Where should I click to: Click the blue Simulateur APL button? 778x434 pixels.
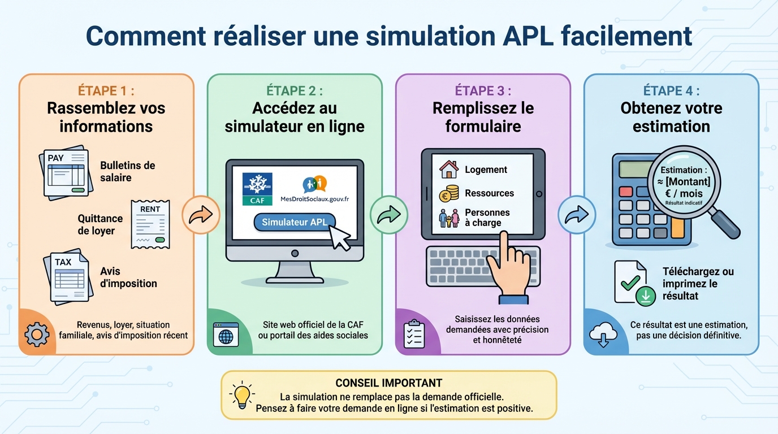click(295, 223)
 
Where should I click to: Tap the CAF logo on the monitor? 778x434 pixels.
click(257, 189)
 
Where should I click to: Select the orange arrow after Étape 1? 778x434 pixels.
click(201, 215)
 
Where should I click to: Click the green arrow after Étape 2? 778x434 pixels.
click(388, 215)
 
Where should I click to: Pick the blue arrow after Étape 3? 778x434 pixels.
click(577, 215)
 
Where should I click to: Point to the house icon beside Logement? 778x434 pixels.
click(449, 169)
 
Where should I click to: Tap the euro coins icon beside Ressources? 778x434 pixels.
click(449, 193)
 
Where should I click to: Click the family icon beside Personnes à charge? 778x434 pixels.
click(449, 218)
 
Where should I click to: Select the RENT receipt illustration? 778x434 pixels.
click(150, 224)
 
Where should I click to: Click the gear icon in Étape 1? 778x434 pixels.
click(37, 335)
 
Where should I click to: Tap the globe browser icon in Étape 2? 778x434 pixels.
click(225, 335)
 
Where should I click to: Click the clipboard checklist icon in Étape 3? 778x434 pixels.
click(414, 334)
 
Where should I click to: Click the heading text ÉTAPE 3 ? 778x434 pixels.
click(483, 90)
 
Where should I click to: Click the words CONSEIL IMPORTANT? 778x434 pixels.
click(388, 383)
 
